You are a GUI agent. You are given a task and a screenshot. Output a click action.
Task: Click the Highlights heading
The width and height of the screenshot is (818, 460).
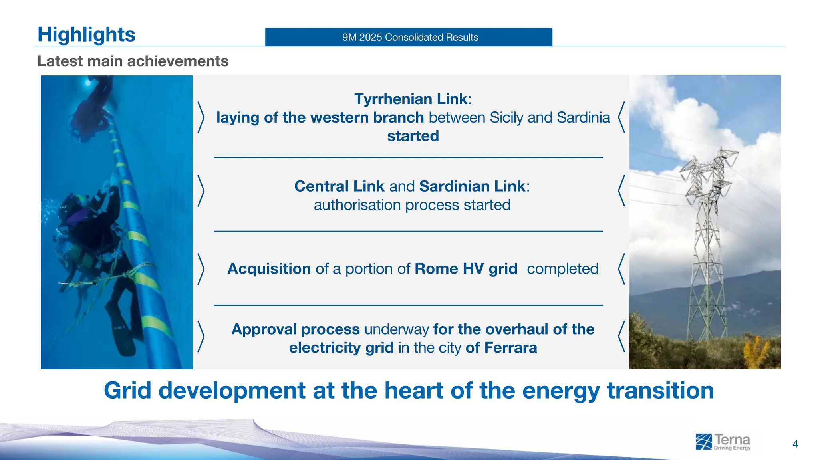point(86,34)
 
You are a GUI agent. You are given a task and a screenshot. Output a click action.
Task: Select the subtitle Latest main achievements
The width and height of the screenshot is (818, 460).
point(133,61)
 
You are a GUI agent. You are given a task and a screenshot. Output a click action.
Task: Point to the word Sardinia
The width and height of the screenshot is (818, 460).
point(583,117)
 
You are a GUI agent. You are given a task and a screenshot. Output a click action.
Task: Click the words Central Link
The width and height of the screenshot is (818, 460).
point(339,186)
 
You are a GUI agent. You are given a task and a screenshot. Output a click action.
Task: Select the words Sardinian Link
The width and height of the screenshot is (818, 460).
point(472,186)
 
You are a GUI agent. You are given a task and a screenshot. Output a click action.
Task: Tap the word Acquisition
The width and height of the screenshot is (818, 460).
point(269,269)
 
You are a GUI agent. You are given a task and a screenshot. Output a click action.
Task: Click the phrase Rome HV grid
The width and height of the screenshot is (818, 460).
point(466,269)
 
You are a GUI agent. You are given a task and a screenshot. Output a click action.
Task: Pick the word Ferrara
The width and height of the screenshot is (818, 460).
point(510,348)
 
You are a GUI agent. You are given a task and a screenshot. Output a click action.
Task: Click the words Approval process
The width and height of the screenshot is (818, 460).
point(296,329)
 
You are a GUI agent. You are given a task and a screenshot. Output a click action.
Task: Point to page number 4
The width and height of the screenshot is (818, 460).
point(795,444)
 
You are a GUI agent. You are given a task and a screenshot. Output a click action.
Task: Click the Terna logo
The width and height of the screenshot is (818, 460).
point(723,442)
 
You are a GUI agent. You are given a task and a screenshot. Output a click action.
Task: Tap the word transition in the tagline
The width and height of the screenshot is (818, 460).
point(660,391)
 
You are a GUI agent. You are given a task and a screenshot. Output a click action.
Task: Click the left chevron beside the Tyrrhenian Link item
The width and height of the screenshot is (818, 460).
point(201,117)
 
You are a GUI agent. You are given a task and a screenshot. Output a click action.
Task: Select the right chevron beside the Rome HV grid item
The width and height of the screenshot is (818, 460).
point(621,269)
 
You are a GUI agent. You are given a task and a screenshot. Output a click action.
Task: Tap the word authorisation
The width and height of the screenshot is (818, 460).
point(357,205)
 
